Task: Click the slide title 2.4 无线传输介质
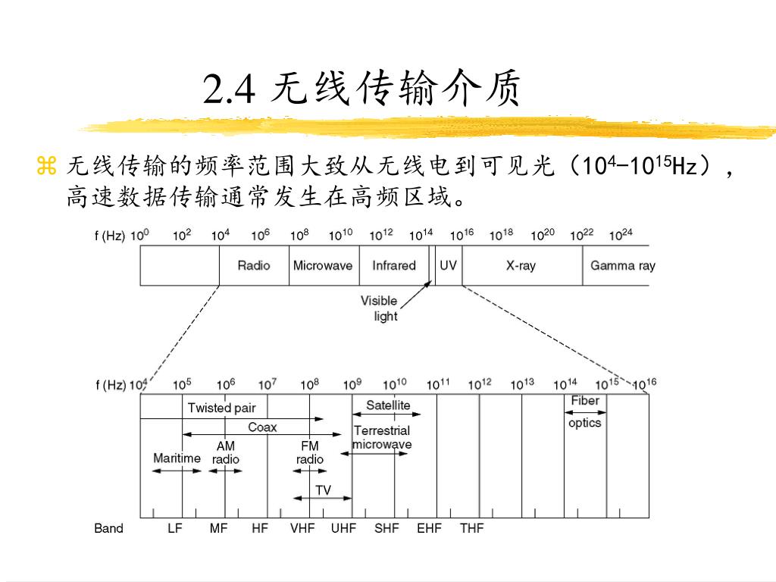pos(362,90)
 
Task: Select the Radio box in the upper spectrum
pos(254,265)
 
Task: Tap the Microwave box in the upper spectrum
pos(323,265)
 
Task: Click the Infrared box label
pos(394,265)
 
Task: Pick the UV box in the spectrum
pos(448,265)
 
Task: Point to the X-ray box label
pos(521,265)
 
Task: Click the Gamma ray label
pos(622,265)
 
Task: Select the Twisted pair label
pos(222,408)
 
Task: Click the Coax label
pos(262,427)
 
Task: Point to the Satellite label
pos(388,405)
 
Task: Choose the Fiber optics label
pos(584,411)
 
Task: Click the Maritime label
pos(177,458)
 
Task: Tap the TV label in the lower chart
pos(324,490)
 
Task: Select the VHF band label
pos(302,528)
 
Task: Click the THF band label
pos(471,528)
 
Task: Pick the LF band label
pos(175,528)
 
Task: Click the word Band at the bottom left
pos(108,528)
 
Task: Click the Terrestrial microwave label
pos(382,437)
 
